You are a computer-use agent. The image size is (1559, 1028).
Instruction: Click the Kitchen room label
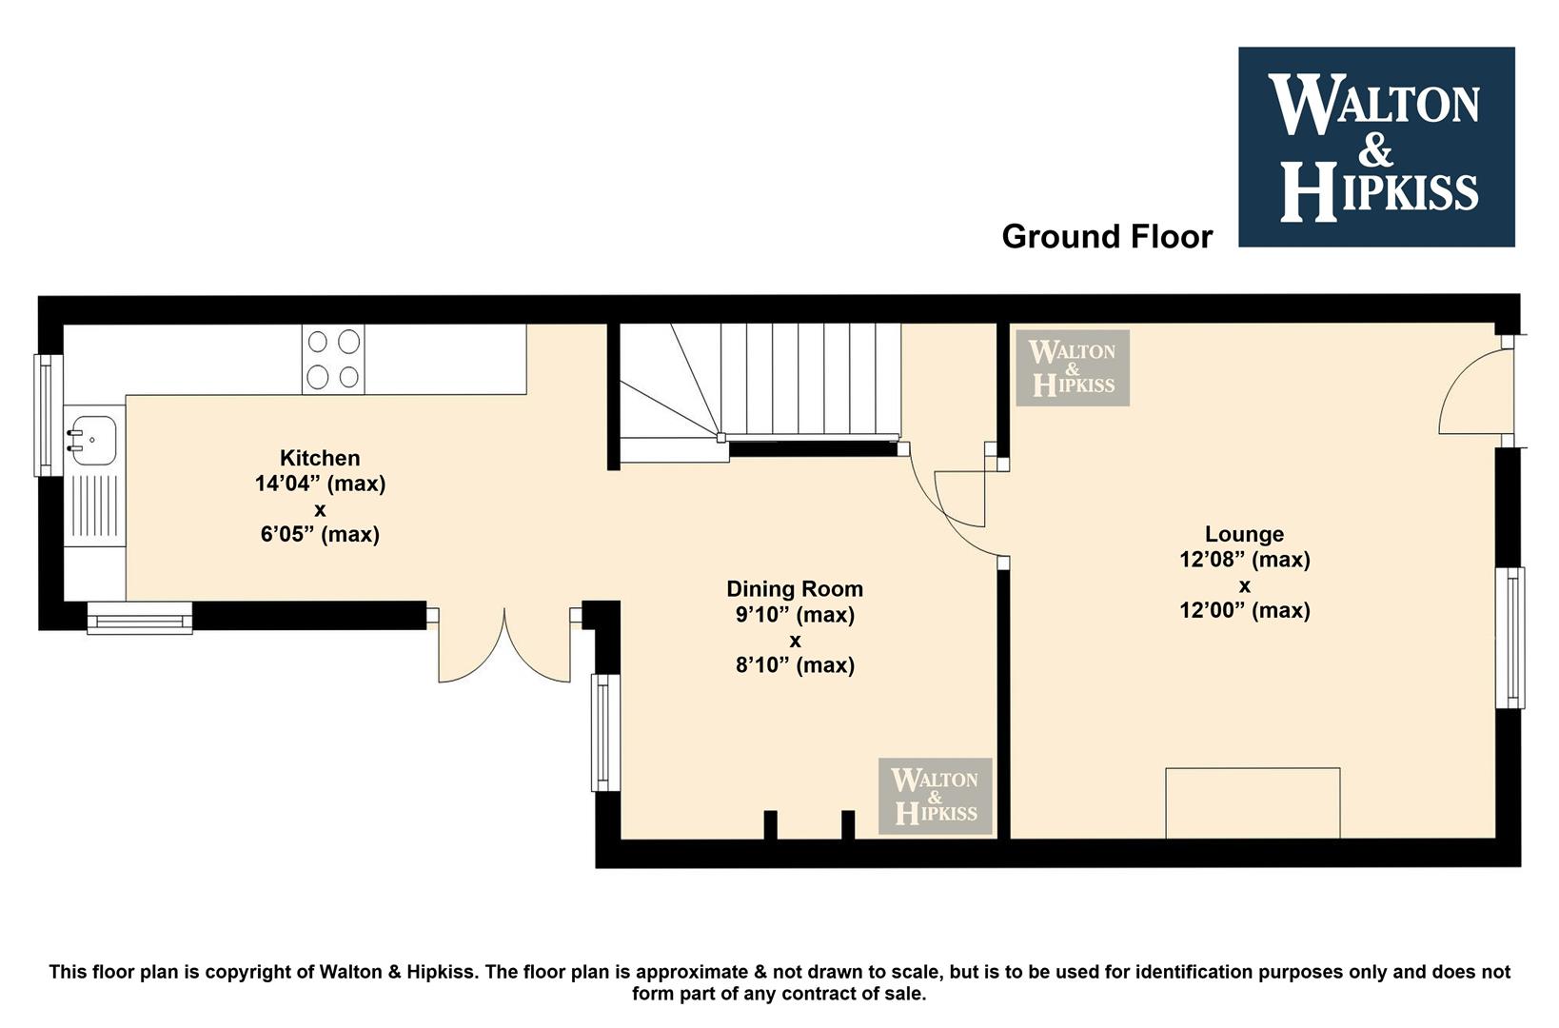click(320, 458)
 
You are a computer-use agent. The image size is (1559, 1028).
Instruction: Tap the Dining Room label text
click(795, 589)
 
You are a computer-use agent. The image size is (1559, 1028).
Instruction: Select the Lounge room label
click(1244, 535)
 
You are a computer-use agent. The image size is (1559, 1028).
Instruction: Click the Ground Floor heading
click(1107, 237)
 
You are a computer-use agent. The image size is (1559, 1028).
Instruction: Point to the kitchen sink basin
click(91, 441)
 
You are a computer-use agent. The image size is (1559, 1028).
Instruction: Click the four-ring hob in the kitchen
click(333, 360)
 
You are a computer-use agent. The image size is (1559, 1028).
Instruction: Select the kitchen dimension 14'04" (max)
click(320, 484)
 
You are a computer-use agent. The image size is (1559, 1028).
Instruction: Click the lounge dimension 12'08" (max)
click(1244, 561)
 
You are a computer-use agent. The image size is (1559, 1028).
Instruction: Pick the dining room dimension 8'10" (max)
click(795, 666)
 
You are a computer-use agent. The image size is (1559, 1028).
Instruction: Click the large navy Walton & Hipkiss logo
click(1376, 147)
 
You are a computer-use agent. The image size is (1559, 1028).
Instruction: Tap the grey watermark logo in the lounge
click(1073, 368)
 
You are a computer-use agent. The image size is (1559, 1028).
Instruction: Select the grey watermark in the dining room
click(935, 796)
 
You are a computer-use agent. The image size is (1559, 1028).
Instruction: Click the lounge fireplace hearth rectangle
click(1253, 803)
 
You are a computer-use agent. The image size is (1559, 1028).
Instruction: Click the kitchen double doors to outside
click(503, 646)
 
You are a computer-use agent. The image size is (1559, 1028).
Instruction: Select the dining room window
click(605, 732)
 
